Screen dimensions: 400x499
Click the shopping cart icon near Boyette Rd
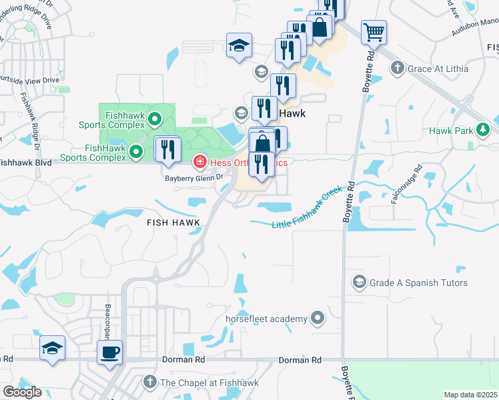pos(374,31)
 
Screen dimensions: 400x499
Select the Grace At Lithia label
pos(438,68)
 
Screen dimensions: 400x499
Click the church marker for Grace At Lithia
pos(398,67)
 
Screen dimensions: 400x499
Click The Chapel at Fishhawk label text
pos(207,383)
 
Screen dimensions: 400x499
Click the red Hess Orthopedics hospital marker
pos(199,161)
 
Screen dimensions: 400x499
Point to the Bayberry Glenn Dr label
pos(193,178)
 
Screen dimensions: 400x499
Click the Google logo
pos(22,392)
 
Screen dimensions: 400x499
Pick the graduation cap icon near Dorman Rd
pos(51,349)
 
